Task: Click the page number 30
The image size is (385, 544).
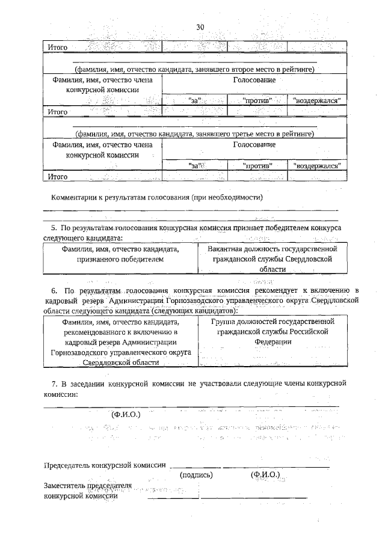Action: (x=201, y=26)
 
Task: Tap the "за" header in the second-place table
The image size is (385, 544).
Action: (x=196, y=100)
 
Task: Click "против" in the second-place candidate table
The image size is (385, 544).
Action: (x=257, y=100)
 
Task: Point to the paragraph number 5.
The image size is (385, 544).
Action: (x=54, y=229)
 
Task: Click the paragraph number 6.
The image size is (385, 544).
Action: (x=54, y=290)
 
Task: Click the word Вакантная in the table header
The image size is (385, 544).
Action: (x=226, y=248)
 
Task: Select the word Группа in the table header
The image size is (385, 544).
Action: (x=224, y=321)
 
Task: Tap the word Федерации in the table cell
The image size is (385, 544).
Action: (x=273, y=341)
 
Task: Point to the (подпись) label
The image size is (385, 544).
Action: (x=197, y=474)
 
